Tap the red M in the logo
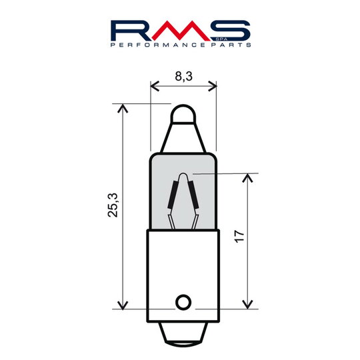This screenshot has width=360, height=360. [x=180, y=31]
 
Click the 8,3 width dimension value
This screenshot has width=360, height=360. [x=184, y=77]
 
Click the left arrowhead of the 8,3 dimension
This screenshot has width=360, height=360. [x=154, y=86]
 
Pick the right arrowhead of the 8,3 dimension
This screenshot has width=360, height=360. [x=213, y=86]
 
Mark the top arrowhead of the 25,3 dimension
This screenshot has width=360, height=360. [x=122, y=107]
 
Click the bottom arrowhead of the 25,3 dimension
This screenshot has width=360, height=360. [x=122, y=305]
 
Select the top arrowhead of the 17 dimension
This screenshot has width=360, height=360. [x=248, y=177]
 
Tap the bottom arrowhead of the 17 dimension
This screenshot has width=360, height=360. [x=248, y=305]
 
